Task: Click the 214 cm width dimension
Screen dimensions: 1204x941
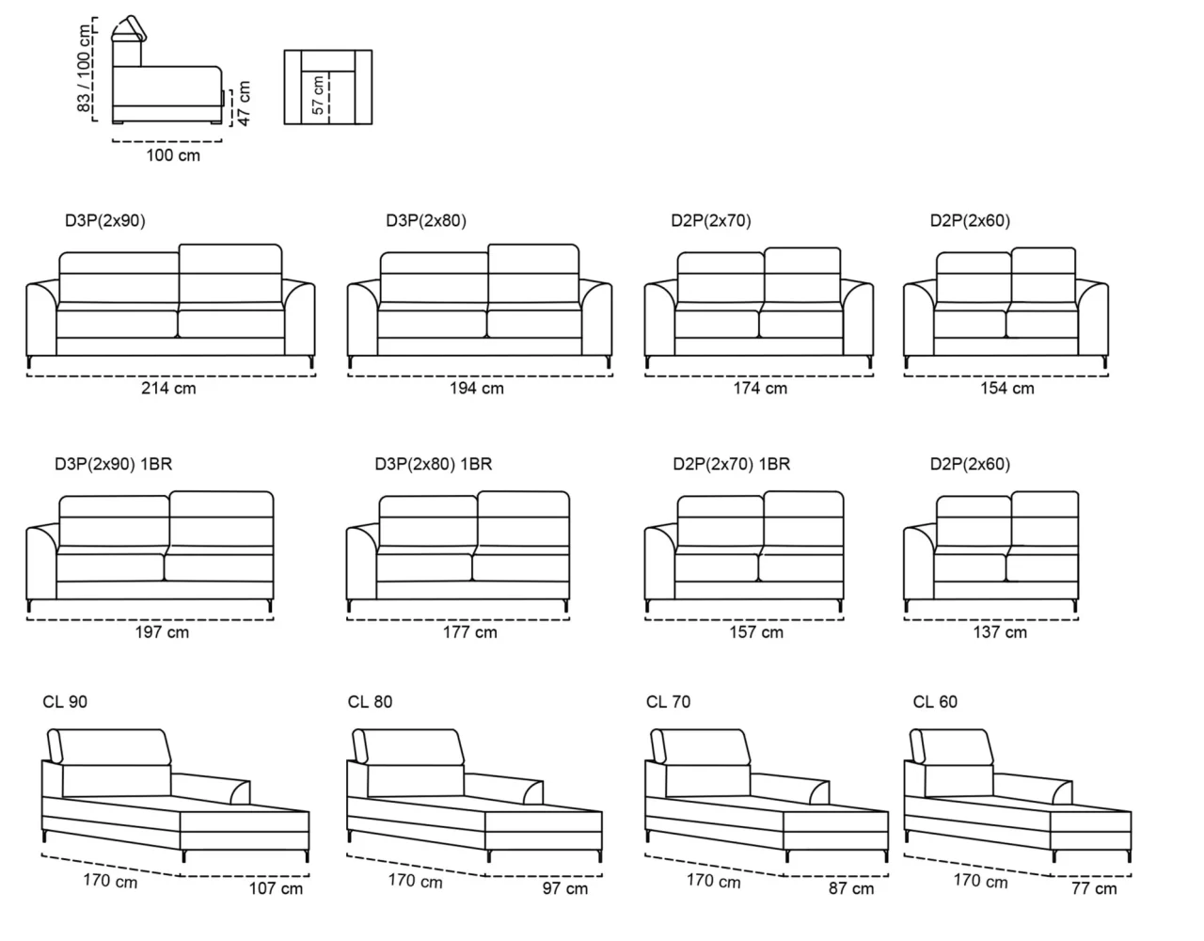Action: [168, 388]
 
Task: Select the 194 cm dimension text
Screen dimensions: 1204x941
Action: [477, 388]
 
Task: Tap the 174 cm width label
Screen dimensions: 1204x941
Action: [760, 388]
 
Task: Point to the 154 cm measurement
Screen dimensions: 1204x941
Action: [1006, 388]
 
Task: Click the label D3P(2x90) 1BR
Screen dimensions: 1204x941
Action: [113, 464]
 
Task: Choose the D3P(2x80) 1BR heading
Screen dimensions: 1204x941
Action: [434, 464]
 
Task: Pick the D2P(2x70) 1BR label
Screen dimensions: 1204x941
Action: [732, 464]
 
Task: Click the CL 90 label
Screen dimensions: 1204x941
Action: [65, 702]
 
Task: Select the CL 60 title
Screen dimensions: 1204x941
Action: [935, 702]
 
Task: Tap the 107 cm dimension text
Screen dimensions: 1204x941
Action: [276, 888]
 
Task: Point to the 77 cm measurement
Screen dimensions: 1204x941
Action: [1094, 888]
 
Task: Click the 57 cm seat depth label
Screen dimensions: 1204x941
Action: [318, 95]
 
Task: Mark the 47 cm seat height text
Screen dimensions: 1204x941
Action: [244, 104]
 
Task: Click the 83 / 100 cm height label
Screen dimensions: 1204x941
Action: [84, 68]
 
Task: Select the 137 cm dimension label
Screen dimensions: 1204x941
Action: [1000, 631]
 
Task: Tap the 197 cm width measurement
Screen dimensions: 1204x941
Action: [162, 631]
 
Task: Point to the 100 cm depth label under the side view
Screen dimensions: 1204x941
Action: [173, 155]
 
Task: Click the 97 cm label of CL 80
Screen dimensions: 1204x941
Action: [564, 888]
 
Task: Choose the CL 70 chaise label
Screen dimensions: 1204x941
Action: [668, 702]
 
